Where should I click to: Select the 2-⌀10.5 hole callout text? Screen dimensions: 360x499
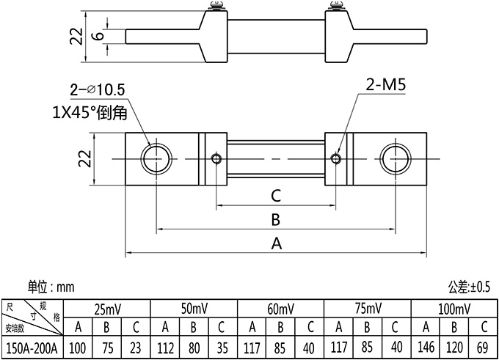98,90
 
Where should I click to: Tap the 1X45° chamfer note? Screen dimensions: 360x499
90,113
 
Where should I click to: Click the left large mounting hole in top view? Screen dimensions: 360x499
156,158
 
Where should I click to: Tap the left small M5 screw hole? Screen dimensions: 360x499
216,158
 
